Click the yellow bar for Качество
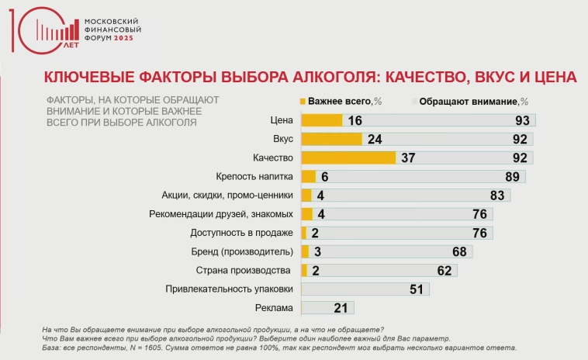tap(348, 157)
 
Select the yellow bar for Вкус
tap(331, 139)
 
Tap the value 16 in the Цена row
tap(355, 120)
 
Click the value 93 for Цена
tap(521, 120)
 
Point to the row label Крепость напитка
tap(254, 176)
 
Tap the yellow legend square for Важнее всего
tap(303, 101)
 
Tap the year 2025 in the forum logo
tap(129, 37)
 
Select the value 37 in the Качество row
tap(409, 157)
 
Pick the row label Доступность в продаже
tap(241, 233)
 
